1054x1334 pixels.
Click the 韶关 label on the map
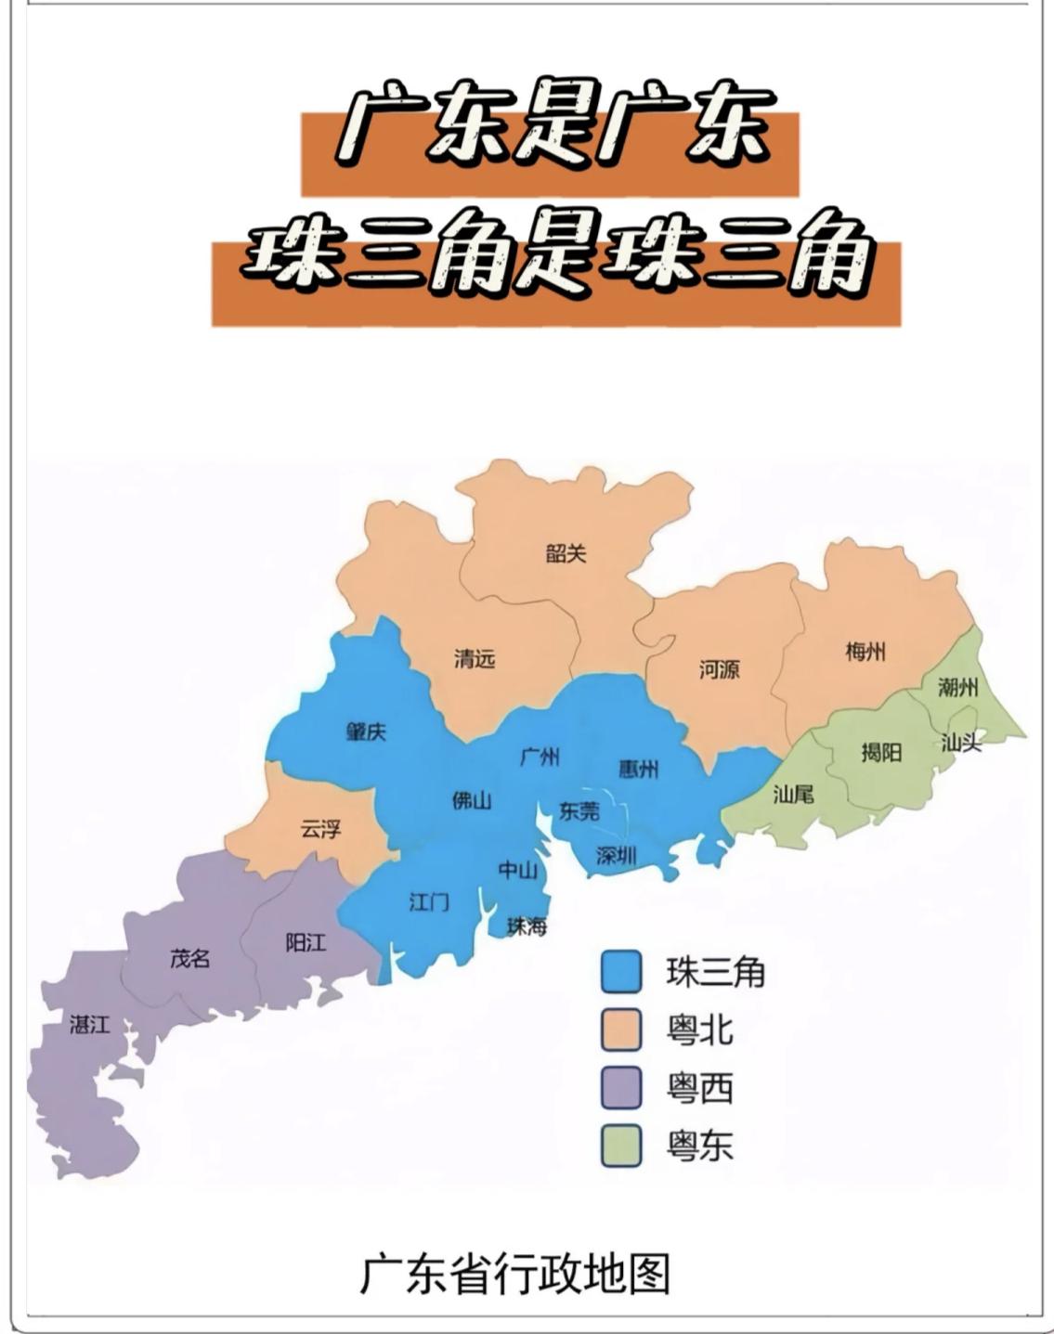pos(566,554)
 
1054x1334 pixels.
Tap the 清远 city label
pos(474,659)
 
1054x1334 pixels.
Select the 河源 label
pos(719,669)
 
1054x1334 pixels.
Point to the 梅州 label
pos(865,652)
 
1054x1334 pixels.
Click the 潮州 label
pos(957,688)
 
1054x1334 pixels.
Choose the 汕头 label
pos(961,743)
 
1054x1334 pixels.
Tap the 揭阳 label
pos(880,751)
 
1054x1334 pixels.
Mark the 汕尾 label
pos(794,794)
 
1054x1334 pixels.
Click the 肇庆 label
pos(366,732)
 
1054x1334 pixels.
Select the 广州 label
pos(540,757)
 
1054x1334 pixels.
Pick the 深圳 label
pos(616,856)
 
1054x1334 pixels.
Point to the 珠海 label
pos(527,926)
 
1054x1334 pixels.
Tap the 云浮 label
pos(320,829)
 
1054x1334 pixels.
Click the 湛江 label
pos(90,1025)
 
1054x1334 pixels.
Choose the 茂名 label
pos(189,958)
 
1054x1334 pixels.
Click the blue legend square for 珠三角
pos(621,972)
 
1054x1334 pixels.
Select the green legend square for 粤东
pos(621,1146)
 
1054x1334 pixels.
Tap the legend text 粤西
pos(700,1088)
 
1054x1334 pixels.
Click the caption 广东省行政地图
pos(514,1274)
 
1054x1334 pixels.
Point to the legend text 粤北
pos(700,1030)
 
